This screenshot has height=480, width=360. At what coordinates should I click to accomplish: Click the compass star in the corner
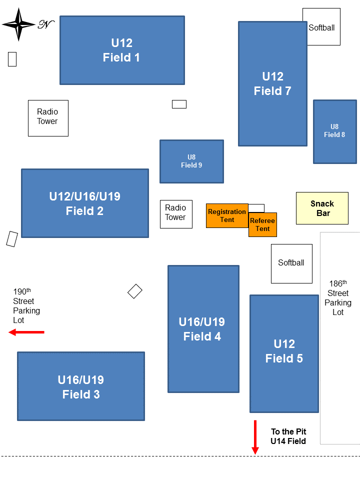coord(19,24)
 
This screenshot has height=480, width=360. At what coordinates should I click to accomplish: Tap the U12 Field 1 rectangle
coord(122,50)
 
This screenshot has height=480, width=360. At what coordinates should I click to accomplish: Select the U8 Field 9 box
coord(191,161)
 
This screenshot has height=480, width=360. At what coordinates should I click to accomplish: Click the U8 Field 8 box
coord(334,131)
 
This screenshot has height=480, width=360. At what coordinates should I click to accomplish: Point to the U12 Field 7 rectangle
coord(272,83)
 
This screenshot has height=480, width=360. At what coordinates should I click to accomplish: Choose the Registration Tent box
coord(227,215)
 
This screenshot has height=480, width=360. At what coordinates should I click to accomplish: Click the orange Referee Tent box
coord(262,225)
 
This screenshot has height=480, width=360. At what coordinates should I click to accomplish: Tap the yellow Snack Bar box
coord(322,208)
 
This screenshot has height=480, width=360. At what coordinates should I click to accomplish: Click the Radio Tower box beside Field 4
coord(176,214)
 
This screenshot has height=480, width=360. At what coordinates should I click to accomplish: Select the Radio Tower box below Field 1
coord(48,118)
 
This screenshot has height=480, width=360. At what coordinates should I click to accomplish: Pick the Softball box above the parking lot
coord(291,263)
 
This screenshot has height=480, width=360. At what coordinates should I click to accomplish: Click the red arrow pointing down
coord(255,437)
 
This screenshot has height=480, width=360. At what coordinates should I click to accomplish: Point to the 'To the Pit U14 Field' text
coord(288,436)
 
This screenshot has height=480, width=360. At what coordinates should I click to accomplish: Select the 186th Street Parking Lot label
coord(338,297)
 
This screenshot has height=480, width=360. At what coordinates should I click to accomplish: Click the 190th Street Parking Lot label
coord(26,305)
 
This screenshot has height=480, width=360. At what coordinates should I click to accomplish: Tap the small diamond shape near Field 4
coord(135,291)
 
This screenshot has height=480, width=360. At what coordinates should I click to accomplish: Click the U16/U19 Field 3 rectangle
coord(81,386)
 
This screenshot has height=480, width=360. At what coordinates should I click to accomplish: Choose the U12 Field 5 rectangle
coord(284,353)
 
